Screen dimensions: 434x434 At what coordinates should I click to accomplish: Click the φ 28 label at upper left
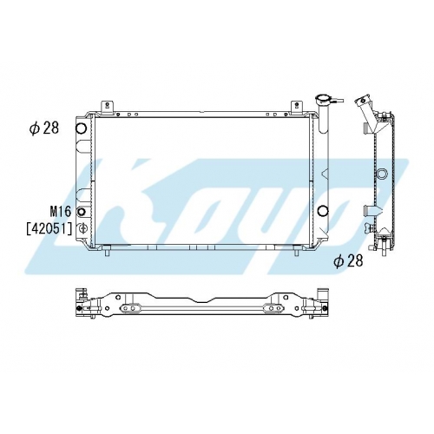click(44, 128)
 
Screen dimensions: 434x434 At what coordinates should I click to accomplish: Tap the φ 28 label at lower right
click(348, 261)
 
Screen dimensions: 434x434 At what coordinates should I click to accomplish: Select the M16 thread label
click(61, 212)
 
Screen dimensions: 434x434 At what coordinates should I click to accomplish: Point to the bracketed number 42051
click(49, 229)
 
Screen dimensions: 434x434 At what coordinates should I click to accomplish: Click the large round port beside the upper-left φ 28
click(81, 128)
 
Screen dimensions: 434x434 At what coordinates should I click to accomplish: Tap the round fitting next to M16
click(82, 212)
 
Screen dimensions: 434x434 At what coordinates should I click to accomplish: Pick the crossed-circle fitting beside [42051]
click(82, 228)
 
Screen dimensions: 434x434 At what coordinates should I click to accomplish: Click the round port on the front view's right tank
click(323, 211)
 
